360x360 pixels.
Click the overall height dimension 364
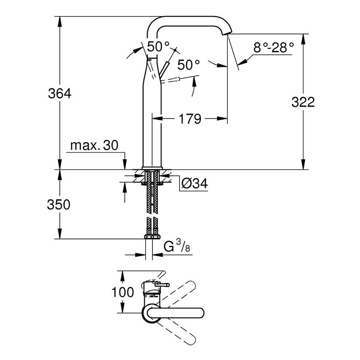click(x=60, y=93)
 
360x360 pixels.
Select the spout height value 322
click(x=303, y=102)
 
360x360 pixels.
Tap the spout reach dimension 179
click(x=189, y=119)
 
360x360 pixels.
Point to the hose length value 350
click(x=58, y=205)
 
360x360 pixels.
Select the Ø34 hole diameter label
click(x=194, y=183)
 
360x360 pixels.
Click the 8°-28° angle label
click(x=273, y=47)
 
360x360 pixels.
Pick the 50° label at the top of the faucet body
click(x=158, y=46)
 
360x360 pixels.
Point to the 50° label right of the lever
click(x=188, y=65)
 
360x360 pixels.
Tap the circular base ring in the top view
click(x=152, y=314)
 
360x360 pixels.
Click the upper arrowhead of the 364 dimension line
click(x=60, y=19)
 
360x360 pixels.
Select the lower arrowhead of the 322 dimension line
click(x=303, y=166)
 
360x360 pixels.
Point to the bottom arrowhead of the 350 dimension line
click(x=60, y=236)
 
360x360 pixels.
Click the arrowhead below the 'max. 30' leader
click(x=125, y=167)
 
